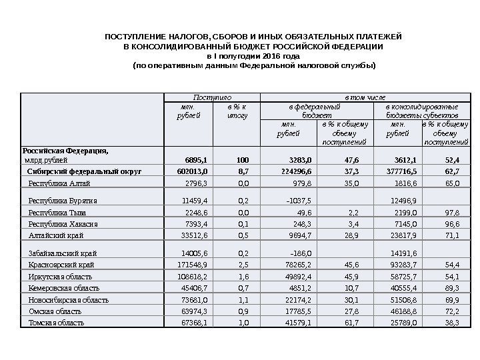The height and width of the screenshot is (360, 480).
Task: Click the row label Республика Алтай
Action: click(59, 182)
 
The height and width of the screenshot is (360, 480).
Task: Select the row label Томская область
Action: click(56, 323)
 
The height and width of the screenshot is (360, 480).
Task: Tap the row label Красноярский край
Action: click(61, 265)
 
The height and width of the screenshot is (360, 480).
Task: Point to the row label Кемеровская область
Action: click(64, 288)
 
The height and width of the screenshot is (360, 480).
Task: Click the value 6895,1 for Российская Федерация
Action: click(194, 160)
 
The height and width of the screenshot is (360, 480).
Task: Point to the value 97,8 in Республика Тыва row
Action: click(451, 212)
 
